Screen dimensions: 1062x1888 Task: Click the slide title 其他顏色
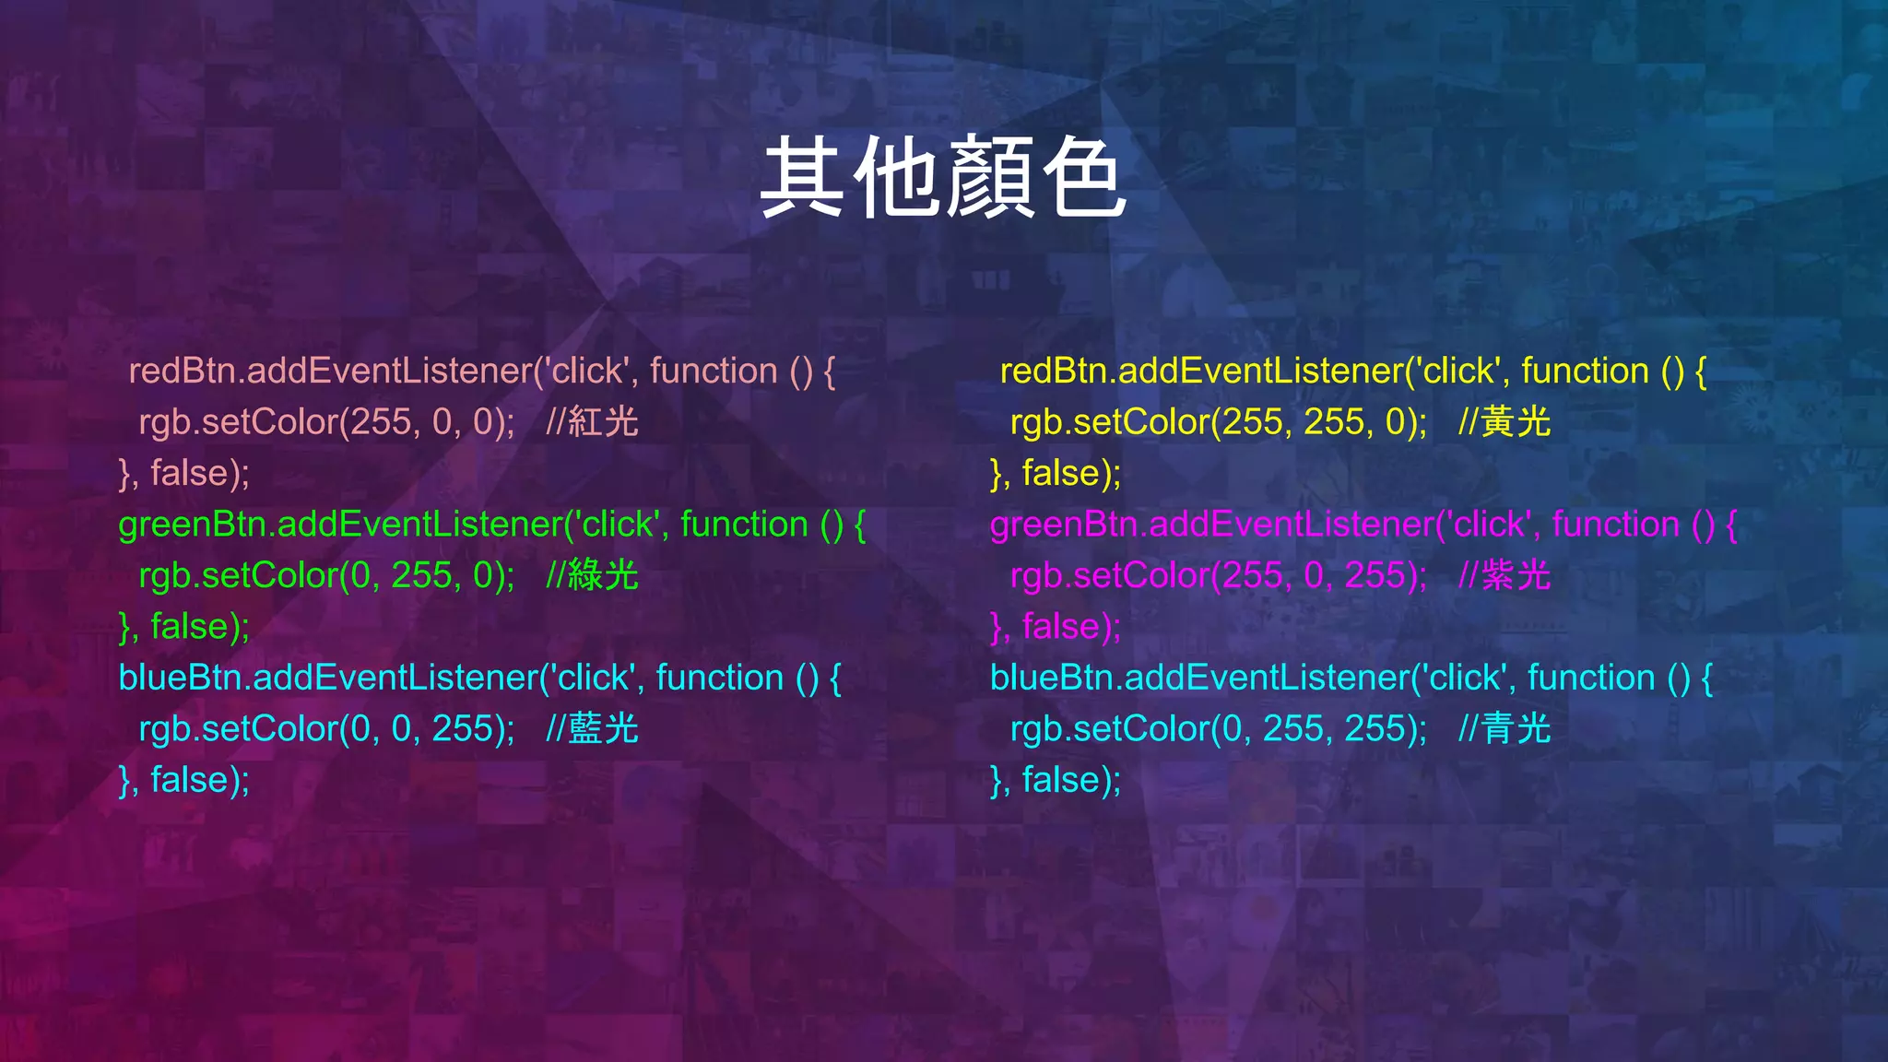[x=943, y=177]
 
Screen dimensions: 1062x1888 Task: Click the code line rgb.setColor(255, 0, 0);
[x=326, y=422]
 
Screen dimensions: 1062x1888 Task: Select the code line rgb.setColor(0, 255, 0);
[x=326, y=575]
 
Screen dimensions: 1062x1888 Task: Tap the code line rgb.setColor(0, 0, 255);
[x=326, y=729]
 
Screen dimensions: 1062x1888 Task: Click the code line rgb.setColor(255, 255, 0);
[x=1218, y=422]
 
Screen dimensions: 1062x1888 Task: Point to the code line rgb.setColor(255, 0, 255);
[x=1218, y=575]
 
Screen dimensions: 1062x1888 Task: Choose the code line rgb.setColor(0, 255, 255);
[x=1218, y=729]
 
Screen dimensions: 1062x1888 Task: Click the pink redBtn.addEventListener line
[x=481, y=371]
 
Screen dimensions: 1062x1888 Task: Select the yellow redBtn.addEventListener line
[x=1352, y=371]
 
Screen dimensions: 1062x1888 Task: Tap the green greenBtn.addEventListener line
[x=491, y=525]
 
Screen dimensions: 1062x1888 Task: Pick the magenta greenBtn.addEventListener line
[x=1363, y=525]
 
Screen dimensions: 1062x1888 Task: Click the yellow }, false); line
[x=1056, y=473]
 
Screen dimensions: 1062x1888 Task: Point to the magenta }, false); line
[x=1056, y=627]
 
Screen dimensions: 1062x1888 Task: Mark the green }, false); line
[x=184, y=627]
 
